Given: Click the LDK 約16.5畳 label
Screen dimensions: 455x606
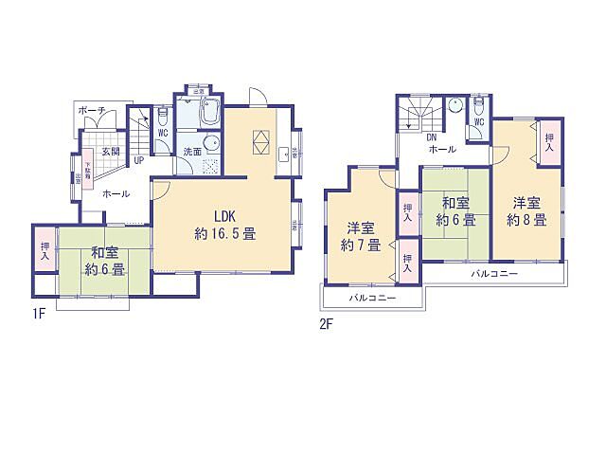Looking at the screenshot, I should [x=224, y=224].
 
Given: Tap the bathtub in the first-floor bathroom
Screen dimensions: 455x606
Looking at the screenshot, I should [x=208, y=115].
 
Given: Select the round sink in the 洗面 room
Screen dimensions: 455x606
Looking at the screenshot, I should [x=213, y=145].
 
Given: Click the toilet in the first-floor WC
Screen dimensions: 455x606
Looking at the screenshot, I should [x=162, y=117].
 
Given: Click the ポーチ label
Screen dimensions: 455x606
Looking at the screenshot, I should [x=93, y=111].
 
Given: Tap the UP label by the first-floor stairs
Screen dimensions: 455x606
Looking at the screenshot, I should [x=139, y=160].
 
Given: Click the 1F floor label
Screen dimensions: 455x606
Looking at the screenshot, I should [x=40, y=313].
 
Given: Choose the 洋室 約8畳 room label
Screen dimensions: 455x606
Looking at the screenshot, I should [x=526, y=211].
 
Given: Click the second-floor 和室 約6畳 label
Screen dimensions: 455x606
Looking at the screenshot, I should [x=455, y=211].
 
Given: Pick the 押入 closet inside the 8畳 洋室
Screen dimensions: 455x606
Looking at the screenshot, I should [x=550, y=142].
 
